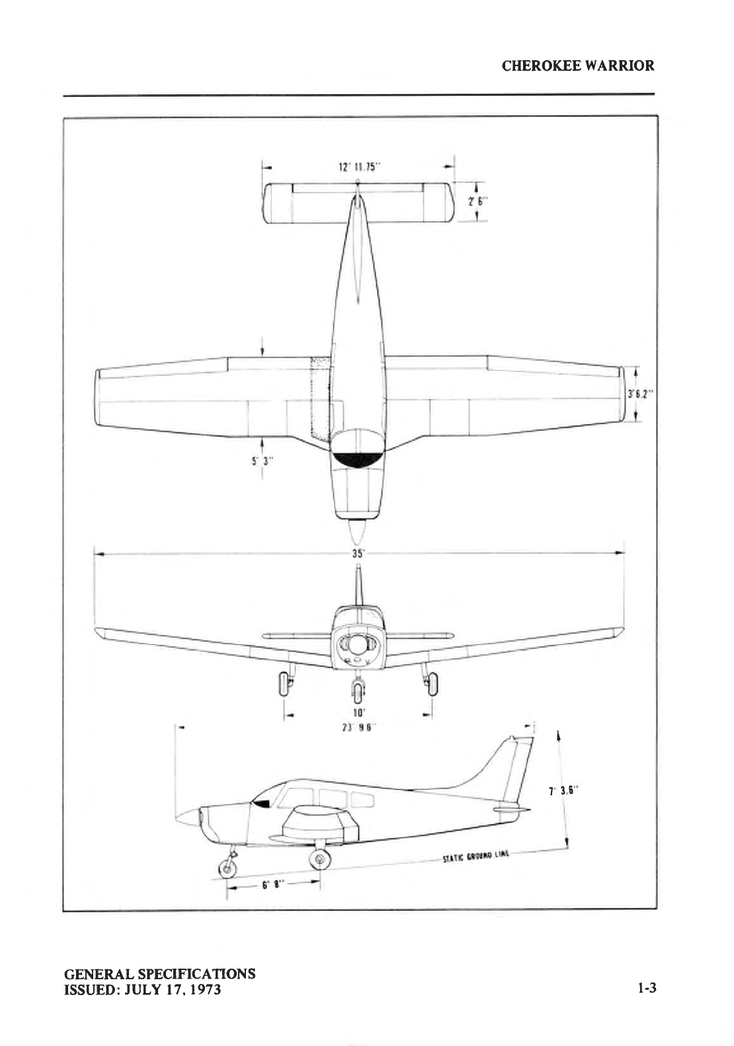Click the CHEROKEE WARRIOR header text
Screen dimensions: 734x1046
pos(578,65)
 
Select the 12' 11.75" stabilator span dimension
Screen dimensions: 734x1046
pos(358,167)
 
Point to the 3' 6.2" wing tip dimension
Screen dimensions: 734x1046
pos(640,394)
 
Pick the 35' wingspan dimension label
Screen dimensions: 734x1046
pos(358,554)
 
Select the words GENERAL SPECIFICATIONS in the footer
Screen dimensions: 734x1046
pos(159,974)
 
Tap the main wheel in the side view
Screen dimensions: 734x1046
pos(320,858)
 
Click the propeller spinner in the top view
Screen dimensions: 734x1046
pos(357,531)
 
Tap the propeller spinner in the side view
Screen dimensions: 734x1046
pos(188,817)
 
